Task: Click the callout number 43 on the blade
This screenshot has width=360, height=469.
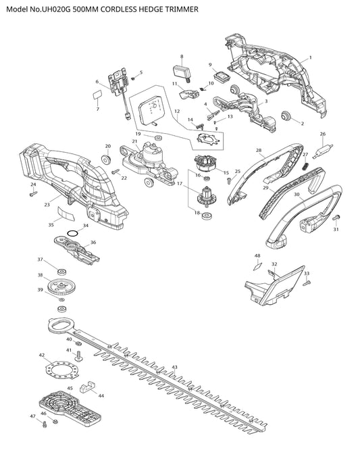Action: [175, 367]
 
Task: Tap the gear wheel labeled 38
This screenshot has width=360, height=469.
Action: [61, 287]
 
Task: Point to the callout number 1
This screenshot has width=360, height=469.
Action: [311, 57]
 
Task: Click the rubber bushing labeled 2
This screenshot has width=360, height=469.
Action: [287, 116]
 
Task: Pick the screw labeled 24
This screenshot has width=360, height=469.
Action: [33, 194]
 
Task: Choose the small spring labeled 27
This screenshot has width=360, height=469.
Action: [306, 166]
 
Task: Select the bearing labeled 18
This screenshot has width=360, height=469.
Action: [206, 216]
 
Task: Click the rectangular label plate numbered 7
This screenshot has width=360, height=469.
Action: [97, 95]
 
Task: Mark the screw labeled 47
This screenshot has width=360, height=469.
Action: [45, 424]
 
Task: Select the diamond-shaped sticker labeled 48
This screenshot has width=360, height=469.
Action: [257, 266]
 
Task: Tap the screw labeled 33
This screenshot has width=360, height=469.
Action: [307, 282]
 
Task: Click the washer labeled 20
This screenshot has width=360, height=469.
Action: [107, 159]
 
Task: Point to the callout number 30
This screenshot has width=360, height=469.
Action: [297, 195]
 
